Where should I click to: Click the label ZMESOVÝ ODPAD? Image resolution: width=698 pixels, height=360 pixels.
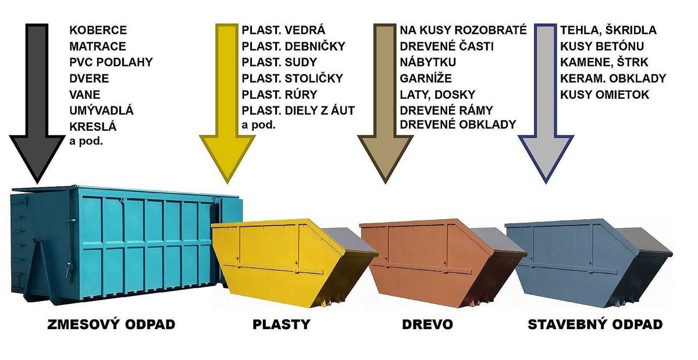click(111, 325)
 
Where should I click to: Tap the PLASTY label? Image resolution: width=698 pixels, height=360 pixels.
click(282, 325)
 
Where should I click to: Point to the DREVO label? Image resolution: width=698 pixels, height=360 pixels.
click(428, 325)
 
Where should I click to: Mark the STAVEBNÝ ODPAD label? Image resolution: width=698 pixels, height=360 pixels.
click(595, 325)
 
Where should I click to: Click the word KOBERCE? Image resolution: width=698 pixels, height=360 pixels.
click(98, 30)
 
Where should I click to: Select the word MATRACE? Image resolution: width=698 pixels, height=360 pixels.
click(98, 46)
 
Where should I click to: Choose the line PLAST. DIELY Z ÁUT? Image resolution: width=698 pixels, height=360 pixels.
click(298, 110)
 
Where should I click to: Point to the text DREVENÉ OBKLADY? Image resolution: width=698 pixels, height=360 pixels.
click(458, 124)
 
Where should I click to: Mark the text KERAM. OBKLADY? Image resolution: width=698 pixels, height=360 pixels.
click(613, 78)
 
